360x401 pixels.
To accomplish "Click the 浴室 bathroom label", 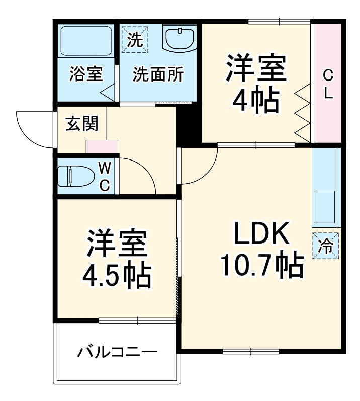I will click(x=86, y=74).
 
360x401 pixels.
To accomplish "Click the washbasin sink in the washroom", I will click(x=179, y=39).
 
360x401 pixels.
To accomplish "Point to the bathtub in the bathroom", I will click(x=86, y=41).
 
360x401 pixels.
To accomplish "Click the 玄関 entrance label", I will click(x=81, y=123).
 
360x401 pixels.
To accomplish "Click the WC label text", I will click(x=104, y=176).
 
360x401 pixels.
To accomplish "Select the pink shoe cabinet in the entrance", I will click(x=102, y=146).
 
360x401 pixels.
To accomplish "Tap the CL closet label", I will click(x=328, y=85).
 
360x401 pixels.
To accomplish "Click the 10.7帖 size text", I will click(x=261, y=265).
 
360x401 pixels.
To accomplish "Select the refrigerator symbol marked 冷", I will click(x=326, y=247).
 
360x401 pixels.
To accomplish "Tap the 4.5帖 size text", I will click(x=118, y=274).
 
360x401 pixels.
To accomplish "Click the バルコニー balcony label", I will click(x=117, y=351).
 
